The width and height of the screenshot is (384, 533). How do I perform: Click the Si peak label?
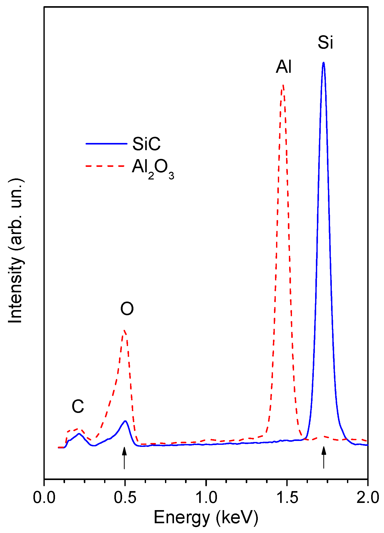[x=325, y=42]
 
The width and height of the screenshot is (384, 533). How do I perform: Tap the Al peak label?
[x=284, y=67]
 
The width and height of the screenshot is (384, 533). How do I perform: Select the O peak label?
[x=127, y=309]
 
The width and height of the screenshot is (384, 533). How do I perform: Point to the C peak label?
[x=78, y=406]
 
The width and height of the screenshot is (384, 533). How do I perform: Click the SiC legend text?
[x=146, y=144]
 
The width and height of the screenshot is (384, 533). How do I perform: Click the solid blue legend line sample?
[x=106, y=144]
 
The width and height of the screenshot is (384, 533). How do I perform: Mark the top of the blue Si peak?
[x=323, y=62]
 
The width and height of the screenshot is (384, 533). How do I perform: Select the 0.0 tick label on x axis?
[x=44, y=498]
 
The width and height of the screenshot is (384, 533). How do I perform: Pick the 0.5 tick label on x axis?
[x=125, y=498]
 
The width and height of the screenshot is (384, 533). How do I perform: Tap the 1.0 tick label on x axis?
[x=206, y=498]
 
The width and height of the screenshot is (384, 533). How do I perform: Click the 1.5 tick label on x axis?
[x=287, y=498]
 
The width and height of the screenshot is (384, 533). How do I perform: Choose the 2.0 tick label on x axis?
[x=368, y=498]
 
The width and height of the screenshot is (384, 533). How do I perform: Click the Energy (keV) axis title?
[x=206, y=518]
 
